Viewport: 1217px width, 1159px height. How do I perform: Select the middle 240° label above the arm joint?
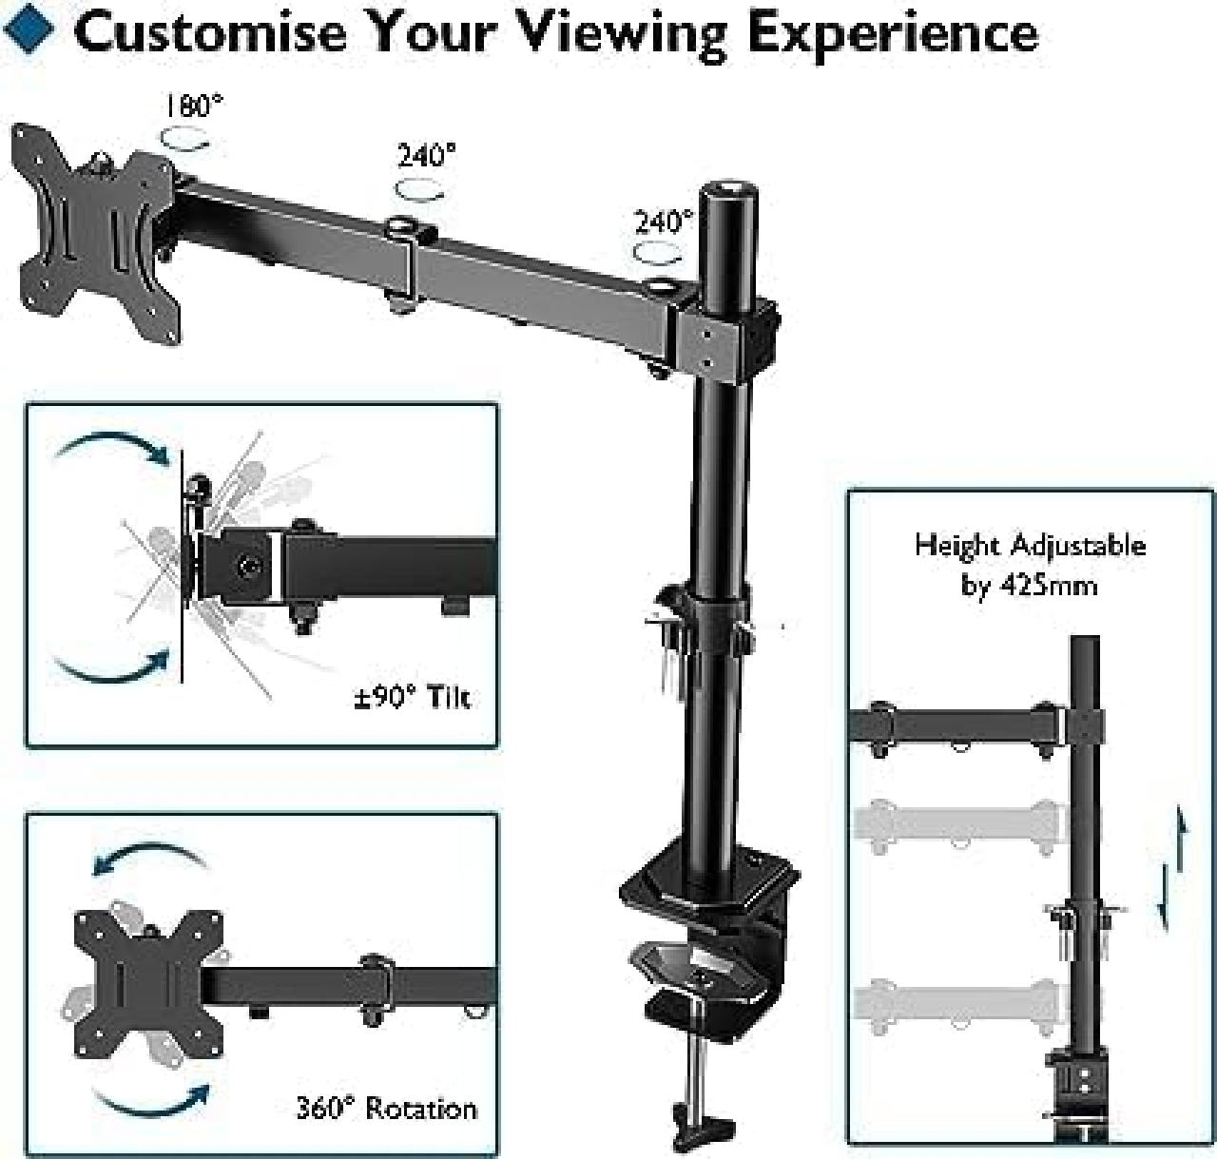pyautogui.click(x=426, y=155)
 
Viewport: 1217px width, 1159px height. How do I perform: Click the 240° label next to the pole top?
pyautogui.click(x=664, y=222)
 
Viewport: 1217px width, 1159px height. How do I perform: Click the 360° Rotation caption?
pyautogui.click(x=386, y=1109)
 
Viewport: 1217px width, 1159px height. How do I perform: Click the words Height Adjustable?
pyautogui.click(x=1030, y=546)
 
